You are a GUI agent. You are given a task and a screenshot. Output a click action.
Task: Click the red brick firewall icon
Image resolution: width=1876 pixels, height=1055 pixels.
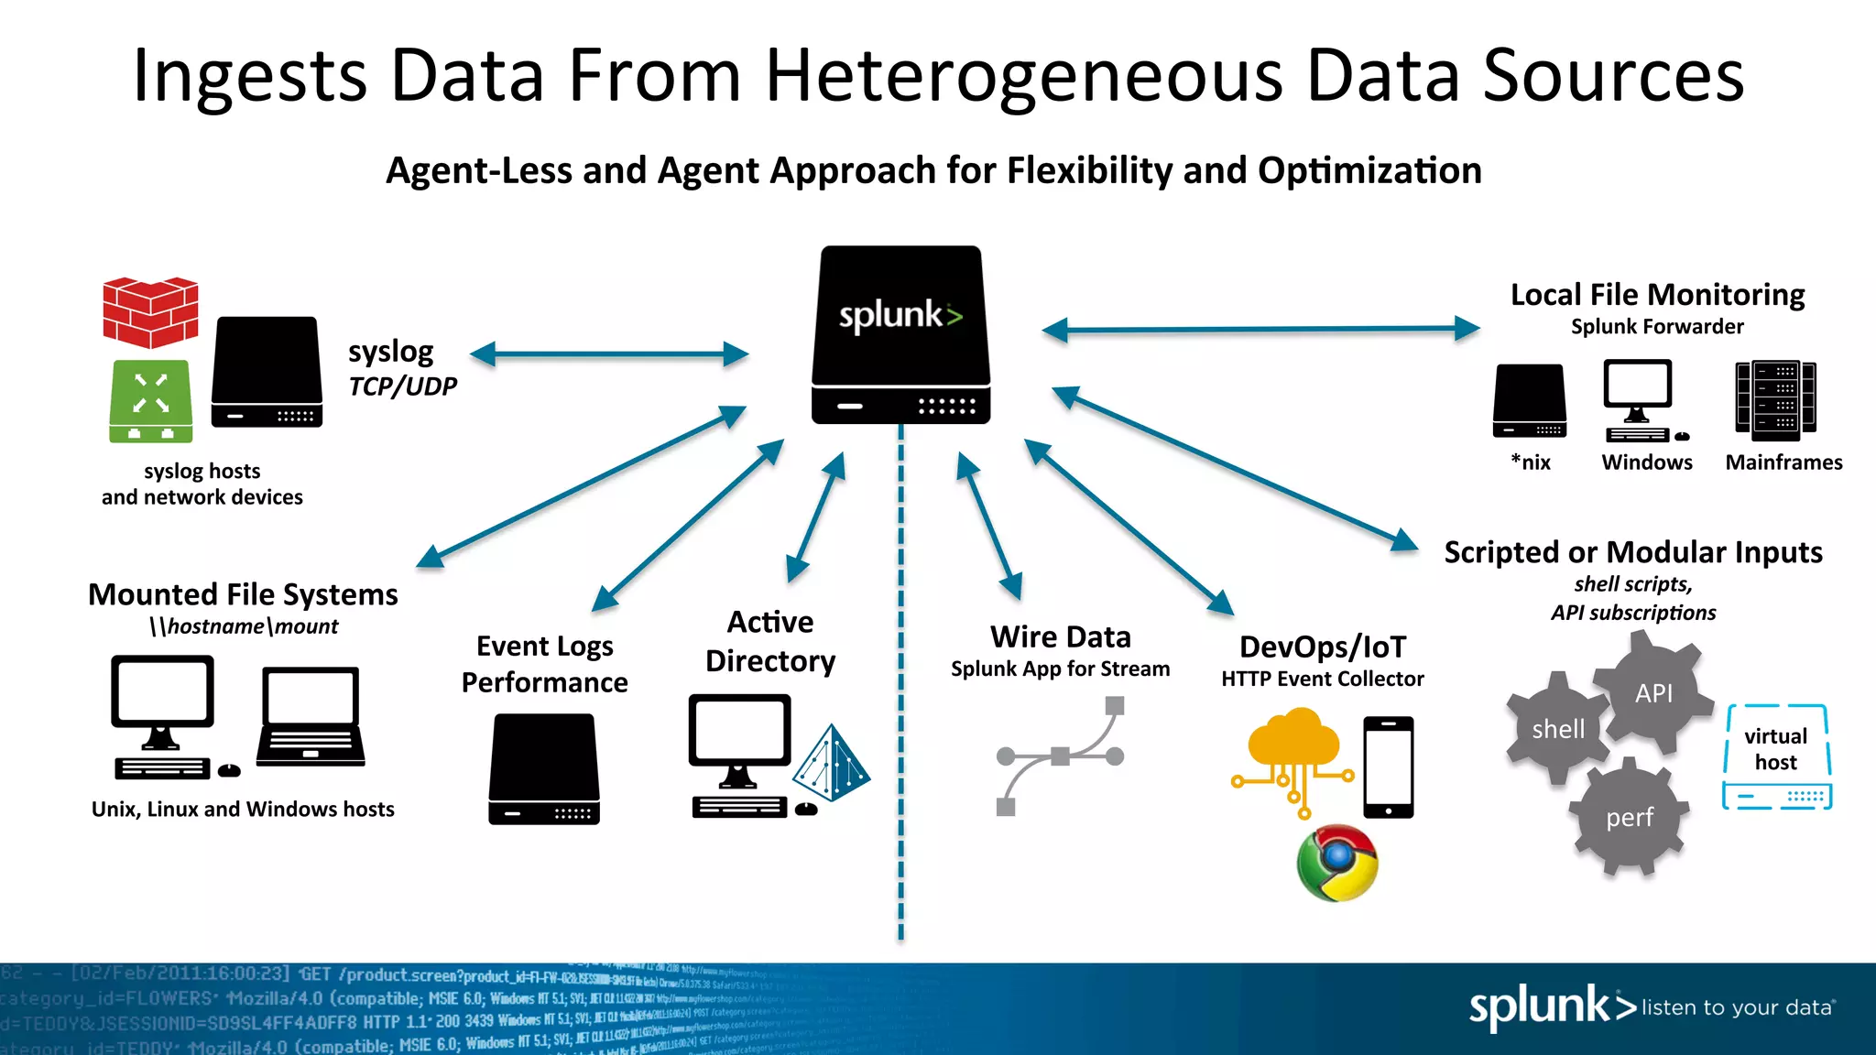(x=150, y=312)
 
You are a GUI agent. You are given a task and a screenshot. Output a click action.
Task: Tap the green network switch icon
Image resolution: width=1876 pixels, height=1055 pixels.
(x=151, y=401)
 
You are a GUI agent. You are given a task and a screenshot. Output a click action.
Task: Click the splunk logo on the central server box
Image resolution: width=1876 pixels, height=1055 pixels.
(x=900, y=315)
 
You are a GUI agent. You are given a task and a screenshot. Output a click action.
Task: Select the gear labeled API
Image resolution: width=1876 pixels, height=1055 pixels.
(x=1653, y=693)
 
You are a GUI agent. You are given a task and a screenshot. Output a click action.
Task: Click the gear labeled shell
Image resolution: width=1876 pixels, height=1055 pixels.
(x=1558, y=729)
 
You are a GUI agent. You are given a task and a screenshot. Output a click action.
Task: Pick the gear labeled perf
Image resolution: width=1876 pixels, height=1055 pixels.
(x=1630, y=817)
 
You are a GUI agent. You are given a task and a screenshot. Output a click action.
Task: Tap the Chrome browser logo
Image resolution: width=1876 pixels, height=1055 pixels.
(x=1337, y=863)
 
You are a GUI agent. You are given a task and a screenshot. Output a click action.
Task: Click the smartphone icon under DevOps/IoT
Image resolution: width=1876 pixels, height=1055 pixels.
(x=1388, y=767)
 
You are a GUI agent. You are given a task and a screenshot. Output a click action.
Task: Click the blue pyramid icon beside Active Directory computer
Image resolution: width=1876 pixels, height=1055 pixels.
(x=832, y=763)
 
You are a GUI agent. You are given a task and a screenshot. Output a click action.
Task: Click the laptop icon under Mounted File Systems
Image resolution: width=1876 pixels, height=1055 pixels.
(x=311, y=717)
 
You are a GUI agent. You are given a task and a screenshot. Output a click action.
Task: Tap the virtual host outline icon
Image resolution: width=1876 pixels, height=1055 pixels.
(x=1776, y=756)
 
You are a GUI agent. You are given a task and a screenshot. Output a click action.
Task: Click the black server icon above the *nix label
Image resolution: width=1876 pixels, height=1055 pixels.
(x=1530, y=400)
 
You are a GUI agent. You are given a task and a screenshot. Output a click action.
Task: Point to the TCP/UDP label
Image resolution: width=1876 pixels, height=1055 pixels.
(x=402, y=386)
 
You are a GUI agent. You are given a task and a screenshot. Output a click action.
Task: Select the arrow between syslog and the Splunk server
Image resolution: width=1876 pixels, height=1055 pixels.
(x=609, y=354)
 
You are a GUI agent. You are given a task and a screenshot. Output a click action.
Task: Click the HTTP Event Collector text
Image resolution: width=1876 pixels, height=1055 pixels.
(x=1322, y=679)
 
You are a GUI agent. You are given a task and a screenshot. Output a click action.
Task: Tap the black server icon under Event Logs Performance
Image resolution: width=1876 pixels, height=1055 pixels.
(x=544, y=769)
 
